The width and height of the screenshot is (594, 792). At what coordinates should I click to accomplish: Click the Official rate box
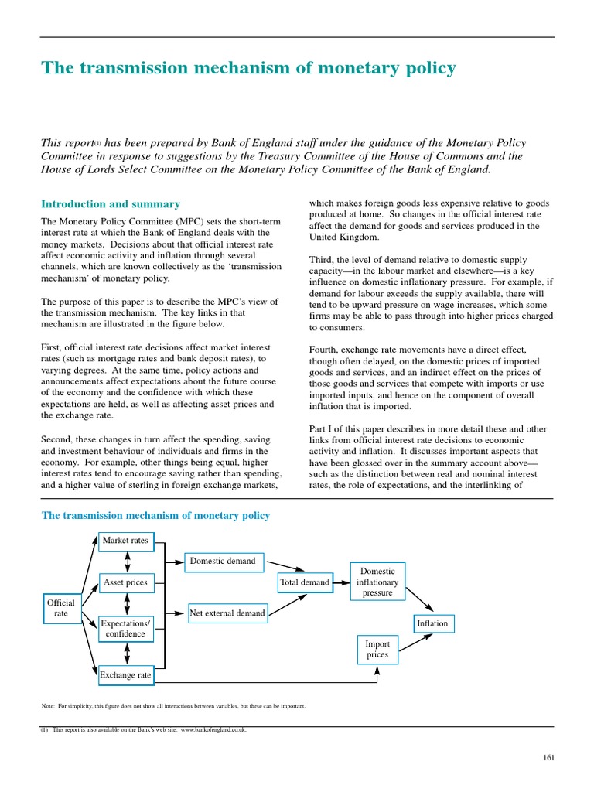click(61, 608)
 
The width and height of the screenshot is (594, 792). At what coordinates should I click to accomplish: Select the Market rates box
click(125, 541)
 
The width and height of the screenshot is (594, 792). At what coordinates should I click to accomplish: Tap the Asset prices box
click(125, 582)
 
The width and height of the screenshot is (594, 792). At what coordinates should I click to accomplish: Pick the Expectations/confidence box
click(125, 628)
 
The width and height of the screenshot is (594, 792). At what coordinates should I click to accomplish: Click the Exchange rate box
click(125, 675)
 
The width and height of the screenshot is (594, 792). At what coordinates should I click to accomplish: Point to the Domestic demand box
click(223, 561)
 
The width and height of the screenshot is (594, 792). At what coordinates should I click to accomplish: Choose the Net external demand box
click(227, 613)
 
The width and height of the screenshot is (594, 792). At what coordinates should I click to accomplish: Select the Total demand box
click(305, 582)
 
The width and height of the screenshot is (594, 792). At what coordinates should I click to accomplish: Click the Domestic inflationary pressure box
click(377, 582)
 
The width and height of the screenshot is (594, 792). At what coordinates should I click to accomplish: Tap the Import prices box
click(377, 649)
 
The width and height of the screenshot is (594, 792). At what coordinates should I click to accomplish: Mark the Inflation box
click(432, 623)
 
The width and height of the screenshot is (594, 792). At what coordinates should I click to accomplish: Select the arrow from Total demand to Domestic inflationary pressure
click(341, 582)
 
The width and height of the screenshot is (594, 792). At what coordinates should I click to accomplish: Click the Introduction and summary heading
click(111, 204)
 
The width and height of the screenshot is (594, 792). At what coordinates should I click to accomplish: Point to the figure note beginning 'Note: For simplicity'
click(173, 705)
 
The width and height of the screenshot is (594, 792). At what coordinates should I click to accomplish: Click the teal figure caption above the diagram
click(155, 515)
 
